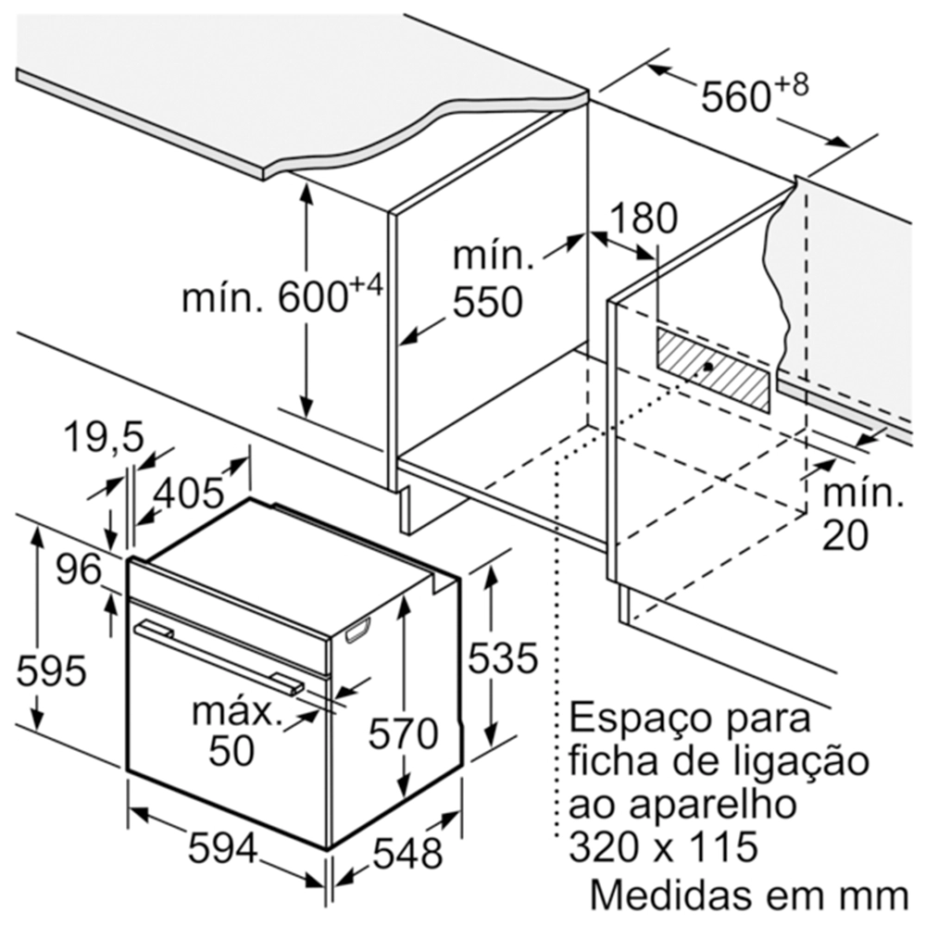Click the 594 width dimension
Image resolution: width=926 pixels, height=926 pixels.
point(222,848)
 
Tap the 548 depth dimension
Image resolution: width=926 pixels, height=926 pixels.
point(408,853)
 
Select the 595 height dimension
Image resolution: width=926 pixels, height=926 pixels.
point(51,670)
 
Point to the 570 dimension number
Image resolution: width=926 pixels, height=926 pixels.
point(404,732)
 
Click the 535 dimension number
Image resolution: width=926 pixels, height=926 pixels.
point(503,657)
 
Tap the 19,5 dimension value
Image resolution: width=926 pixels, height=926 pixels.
point(104,438)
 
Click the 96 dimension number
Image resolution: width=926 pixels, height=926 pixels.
point(79,569)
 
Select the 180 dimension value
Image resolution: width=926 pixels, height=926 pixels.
point(644,218)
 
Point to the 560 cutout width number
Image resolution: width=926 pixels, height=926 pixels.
point(736,96)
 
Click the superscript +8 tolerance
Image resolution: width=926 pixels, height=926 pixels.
point(791,84)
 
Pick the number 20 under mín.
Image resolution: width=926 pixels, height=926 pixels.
point(845,535)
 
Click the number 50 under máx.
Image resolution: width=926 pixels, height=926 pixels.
point(231,750)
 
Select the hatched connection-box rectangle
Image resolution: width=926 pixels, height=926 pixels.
point(712,369)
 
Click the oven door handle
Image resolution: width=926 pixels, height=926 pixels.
point(219,657)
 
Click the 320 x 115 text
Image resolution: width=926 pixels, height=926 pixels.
point(663,845)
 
